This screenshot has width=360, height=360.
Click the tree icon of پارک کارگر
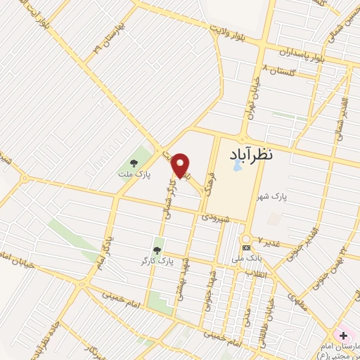(x=157, y=250)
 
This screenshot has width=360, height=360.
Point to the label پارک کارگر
(x=157, y=262)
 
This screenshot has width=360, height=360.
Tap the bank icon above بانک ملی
(x=246, y=248)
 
